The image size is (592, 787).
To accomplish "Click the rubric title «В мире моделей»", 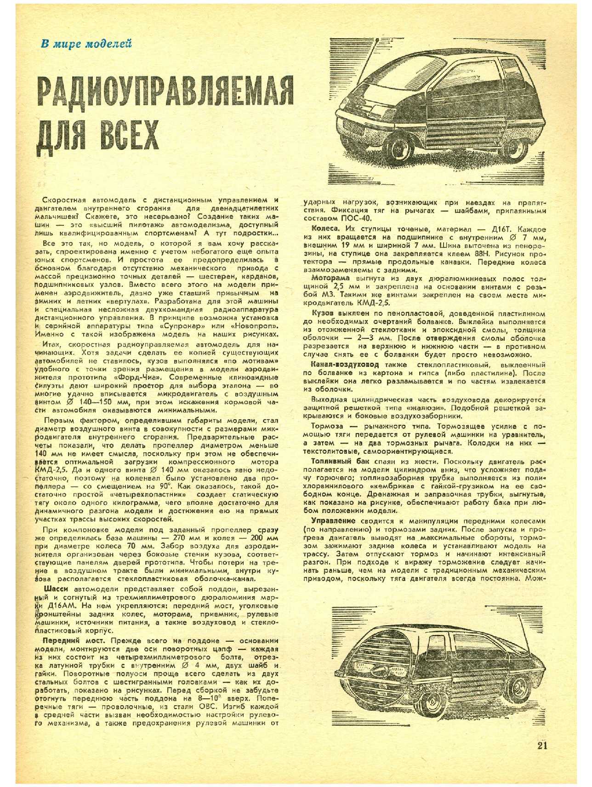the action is pos(86,44).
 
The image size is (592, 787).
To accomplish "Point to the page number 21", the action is pos(542,745).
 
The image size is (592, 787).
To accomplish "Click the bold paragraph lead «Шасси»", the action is pos(55,589).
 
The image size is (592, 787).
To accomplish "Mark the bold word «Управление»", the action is pos(333,521).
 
